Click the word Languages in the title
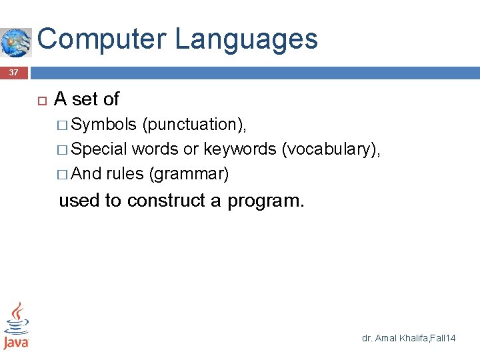247,39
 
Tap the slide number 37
14,73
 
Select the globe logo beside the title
16,43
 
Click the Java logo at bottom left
16,325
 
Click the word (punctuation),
199,125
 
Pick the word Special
99,149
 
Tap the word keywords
240,149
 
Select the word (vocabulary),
331,149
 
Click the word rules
125,174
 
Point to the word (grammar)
189,174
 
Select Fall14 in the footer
443,339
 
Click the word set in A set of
85,99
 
